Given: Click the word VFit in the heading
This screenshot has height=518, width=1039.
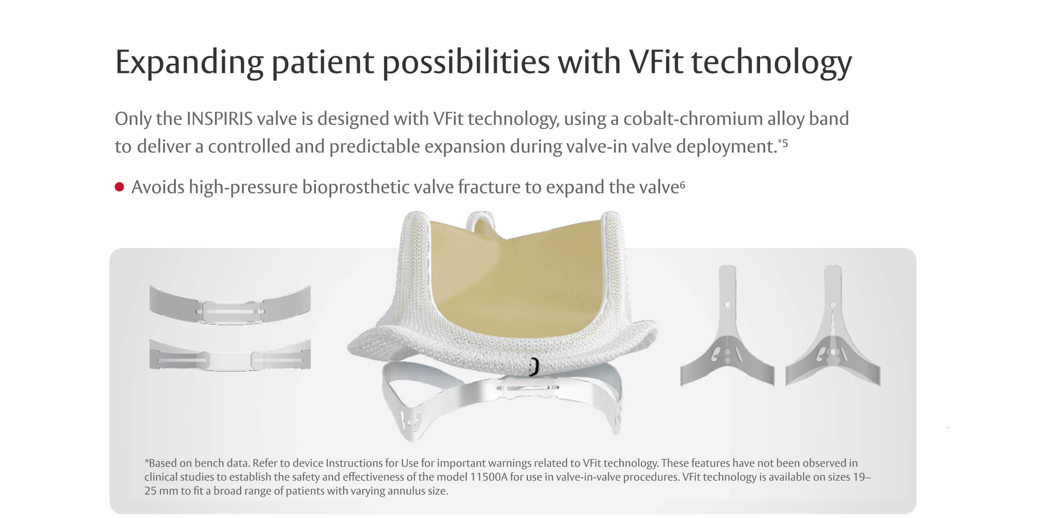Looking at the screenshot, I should point(656,62).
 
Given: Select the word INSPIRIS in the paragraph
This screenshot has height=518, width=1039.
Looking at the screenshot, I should point(219,119).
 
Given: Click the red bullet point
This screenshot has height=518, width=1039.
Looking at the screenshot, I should point(119,187).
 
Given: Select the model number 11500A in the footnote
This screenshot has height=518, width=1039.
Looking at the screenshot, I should point(489,477).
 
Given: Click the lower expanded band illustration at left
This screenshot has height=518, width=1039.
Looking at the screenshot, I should point(230,357).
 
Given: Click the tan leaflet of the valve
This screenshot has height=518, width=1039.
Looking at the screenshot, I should point(513,282).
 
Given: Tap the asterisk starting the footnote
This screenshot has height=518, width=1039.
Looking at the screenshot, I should point(147,462).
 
